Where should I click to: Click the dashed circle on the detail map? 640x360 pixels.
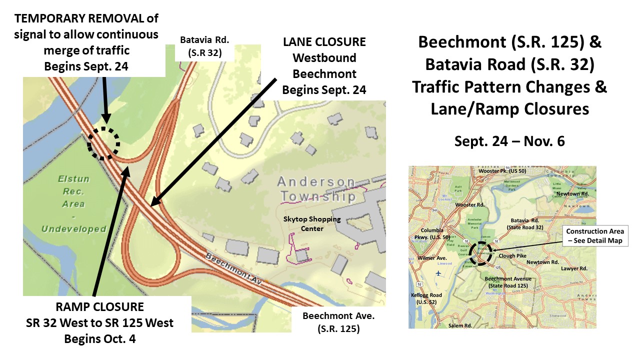click(x=103, y=143)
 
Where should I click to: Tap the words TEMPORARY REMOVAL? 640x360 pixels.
click(x=87, y=19)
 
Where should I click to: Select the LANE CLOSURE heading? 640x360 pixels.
click(x=324, y=42)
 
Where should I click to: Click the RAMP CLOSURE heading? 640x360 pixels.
click(x=100, y=306)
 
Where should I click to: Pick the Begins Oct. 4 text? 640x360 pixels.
click(x=100, y=338)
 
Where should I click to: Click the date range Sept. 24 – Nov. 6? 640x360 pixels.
click(x=509, y=141)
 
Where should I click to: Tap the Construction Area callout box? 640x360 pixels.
click(x=594, y=236)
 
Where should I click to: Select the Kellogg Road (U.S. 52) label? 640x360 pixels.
click(x=426, y=299)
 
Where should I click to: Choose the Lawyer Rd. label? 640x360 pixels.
click(x=573, y=268)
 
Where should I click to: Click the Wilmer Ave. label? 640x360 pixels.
click(x=431, y=258)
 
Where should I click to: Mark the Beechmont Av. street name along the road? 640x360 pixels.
click(x=234, y=264)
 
